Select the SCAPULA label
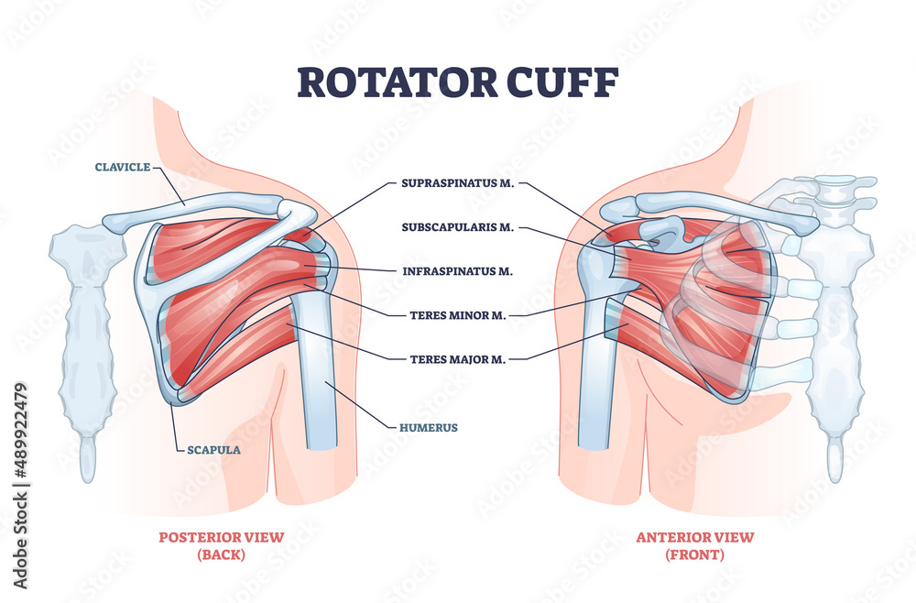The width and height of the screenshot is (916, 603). pyautogui.click(x=213, y=450)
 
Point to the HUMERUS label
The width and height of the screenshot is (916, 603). pyautogui.click(x=428, y=428)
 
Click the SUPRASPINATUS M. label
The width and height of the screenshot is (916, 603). pyautogui.click(x=458, y=183)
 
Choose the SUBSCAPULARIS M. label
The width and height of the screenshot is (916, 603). pyautogui.click(x=458, y=226)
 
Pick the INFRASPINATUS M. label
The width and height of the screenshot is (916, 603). pyautogui.click(x=458, y=271)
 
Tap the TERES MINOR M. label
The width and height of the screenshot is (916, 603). pyautogui.click(x=458, y=315)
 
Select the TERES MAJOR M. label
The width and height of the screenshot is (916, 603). pyautogui.click(x=458, y=359)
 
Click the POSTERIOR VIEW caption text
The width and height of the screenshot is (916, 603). pyautogui.click(x=222, y=537)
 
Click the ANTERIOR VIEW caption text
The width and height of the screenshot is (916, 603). pyautogui.click(x=695, y=537)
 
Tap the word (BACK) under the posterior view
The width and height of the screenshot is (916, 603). pyautogui.click(x=222, y=554)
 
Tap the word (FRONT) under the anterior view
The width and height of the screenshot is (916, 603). pyautogui.click(x=695, y=554)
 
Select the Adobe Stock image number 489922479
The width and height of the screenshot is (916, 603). pyautogui.click(x=20, y=431)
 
